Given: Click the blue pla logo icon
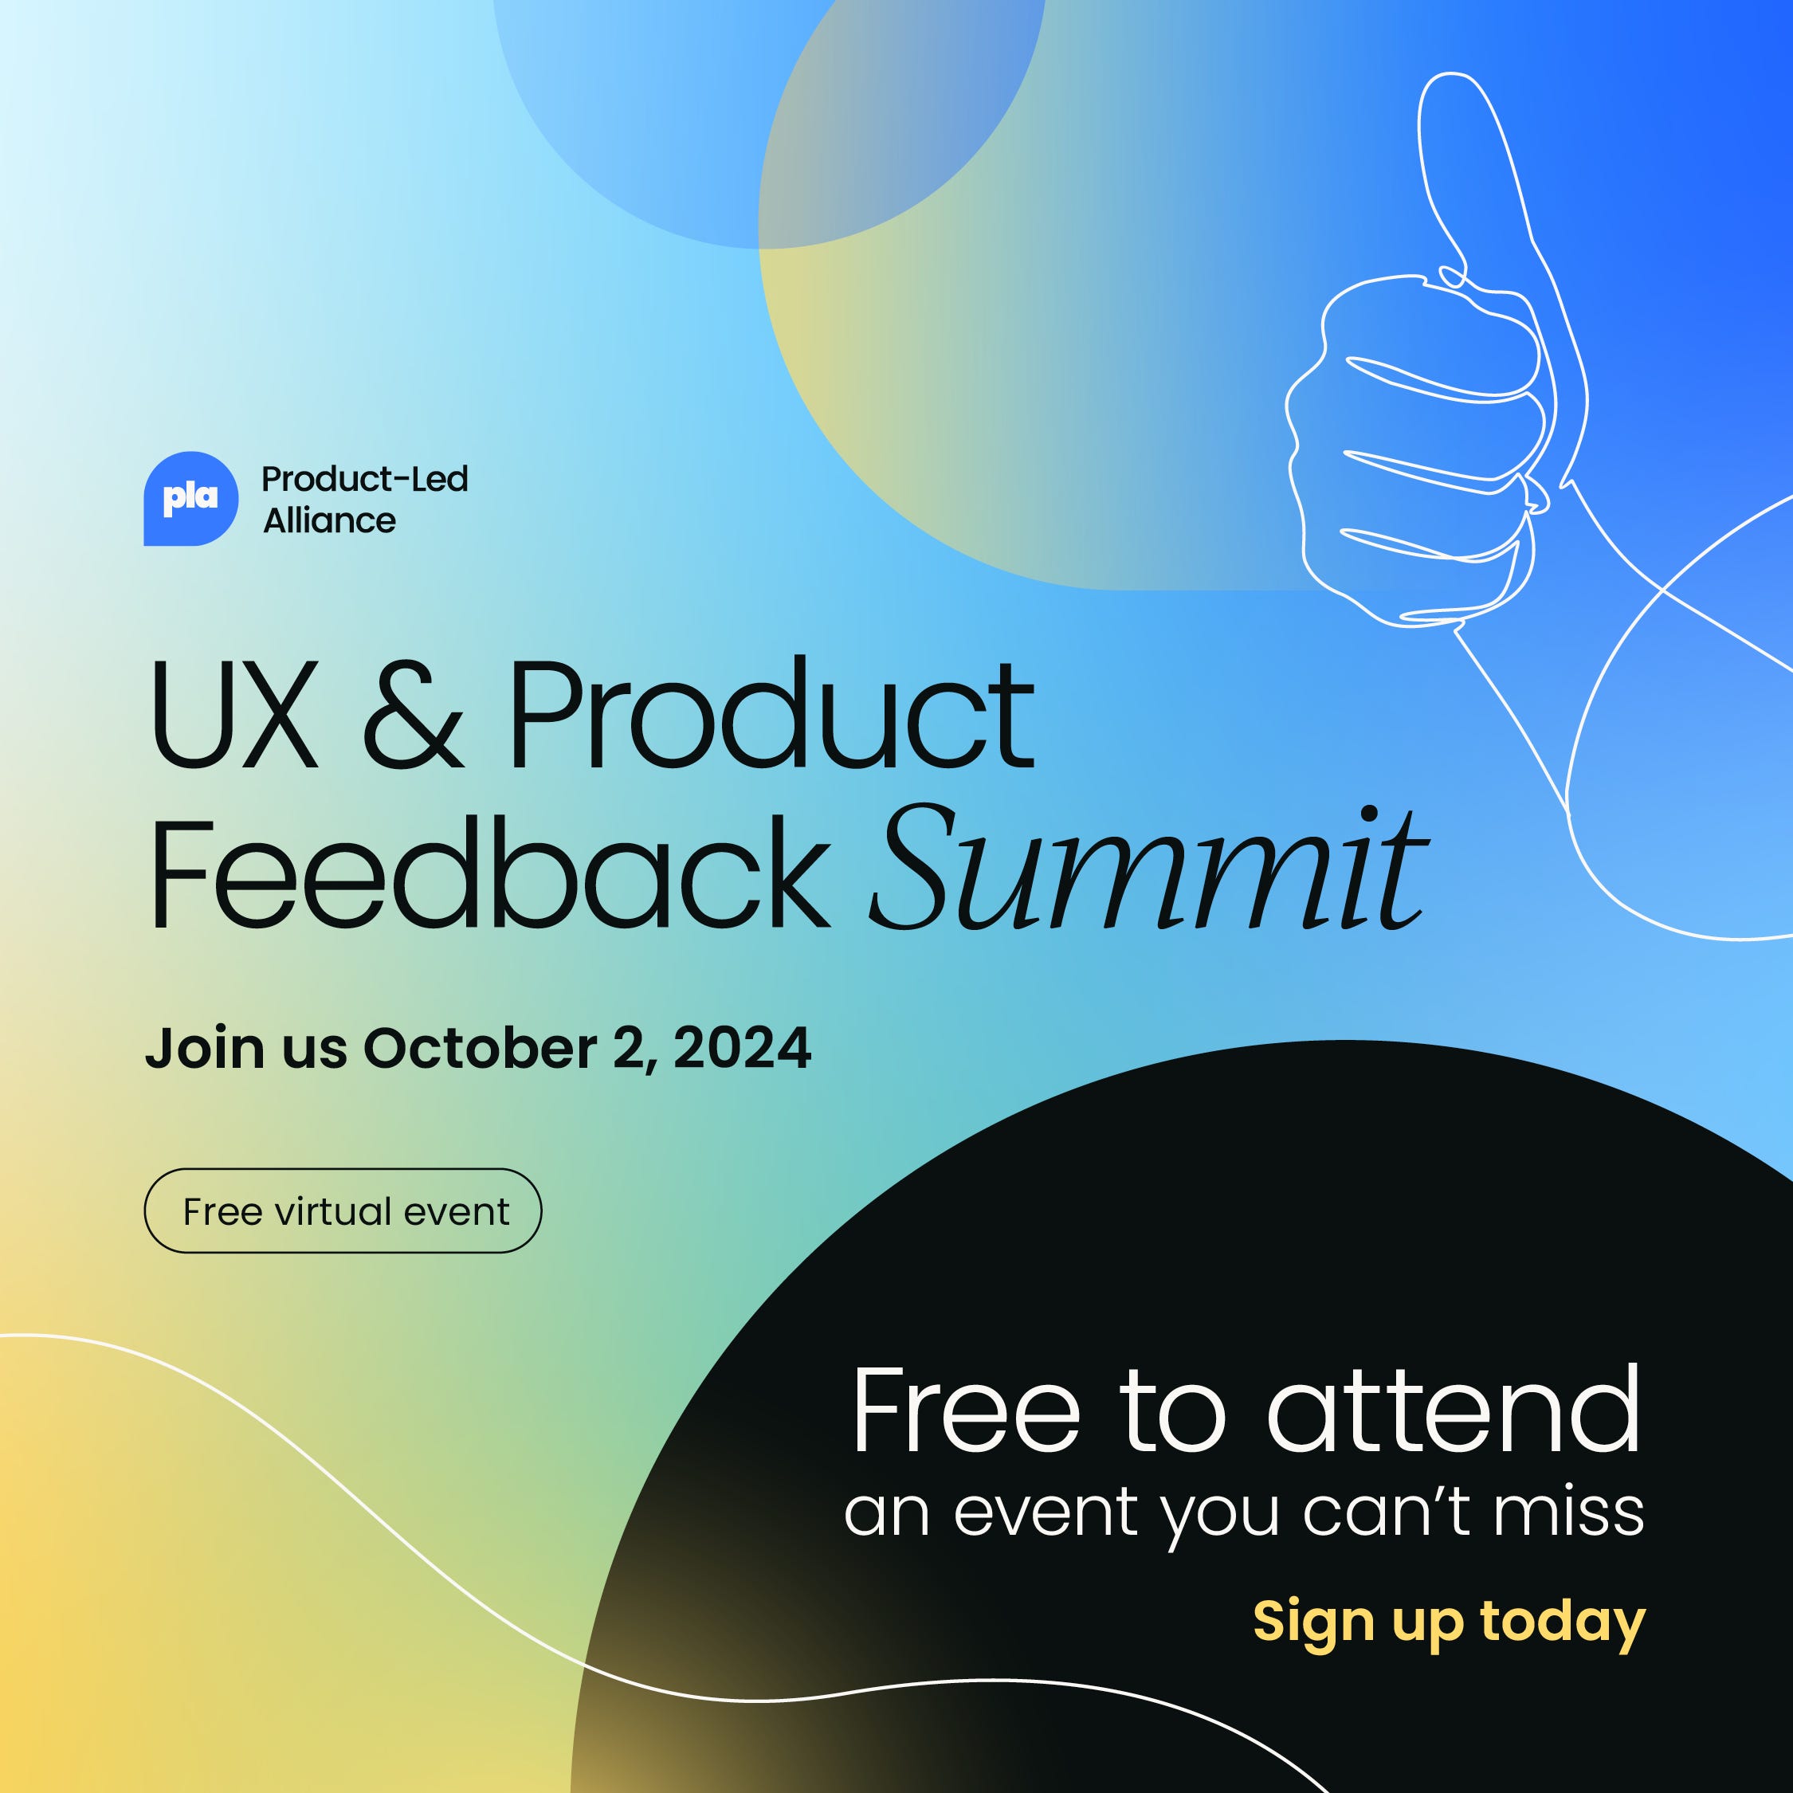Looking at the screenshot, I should [x=190, y=498].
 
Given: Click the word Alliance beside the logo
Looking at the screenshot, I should [x=329, y=522].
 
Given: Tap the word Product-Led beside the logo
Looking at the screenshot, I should [x=365, y=480].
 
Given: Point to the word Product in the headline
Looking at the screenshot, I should [x=771, y=714].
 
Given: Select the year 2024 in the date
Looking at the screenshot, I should [x=743, y=1049].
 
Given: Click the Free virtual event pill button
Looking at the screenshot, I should [x=343, y=1211].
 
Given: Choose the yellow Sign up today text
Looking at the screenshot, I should [x=1449, y=1622].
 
